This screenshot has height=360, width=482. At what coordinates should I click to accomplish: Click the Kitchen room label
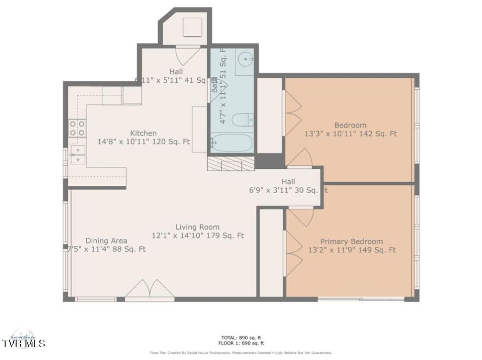(x=143, y=133)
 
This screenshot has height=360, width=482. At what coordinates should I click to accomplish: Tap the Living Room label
(x=198, y=227)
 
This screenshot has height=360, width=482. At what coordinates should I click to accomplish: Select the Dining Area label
(x=106, y=240)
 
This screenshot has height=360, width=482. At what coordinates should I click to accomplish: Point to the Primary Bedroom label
(x=351, y=241)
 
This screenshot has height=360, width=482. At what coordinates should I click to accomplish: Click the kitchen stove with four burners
(x=78, y=128)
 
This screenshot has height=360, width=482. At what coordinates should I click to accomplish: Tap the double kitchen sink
(x=77, y=155)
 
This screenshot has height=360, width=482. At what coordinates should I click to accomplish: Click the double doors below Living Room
(x=150, y=289)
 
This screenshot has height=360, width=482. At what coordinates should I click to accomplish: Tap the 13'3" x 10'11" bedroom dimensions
(x=350, y=134)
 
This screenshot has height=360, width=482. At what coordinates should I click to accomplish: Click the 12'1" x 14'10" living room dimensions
(x=198, y=235)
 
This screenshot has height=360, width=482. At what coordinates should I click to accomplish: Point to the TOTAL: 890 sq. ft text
(x=241, y=337)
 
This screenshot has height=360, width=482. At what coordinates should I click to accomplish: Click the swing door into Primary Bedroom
(x=300, y=216)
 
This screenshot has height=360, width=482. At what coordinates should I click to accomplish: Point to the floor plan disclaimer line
(x=241, y=352)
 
